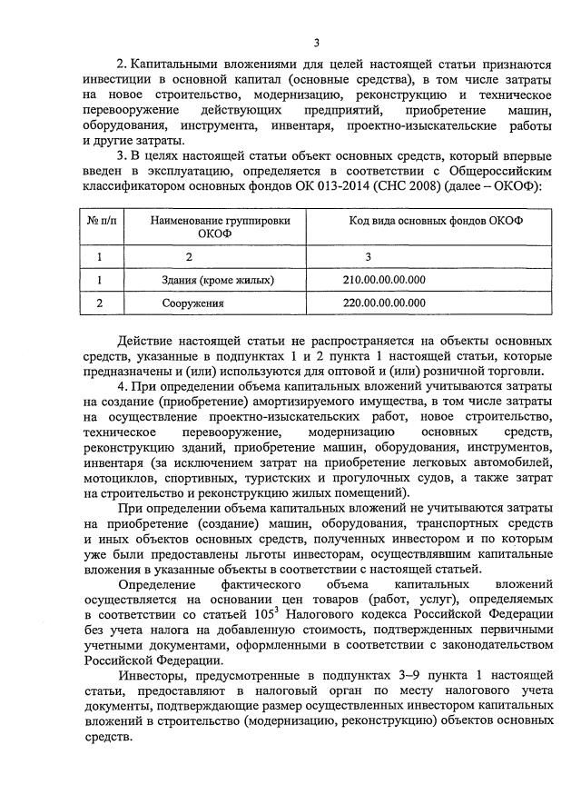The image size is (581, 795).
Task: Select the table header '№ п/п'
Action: click(x=107, y=221)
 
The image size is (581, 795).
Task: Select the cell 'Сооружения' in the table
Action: click(x=193, y=303)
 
